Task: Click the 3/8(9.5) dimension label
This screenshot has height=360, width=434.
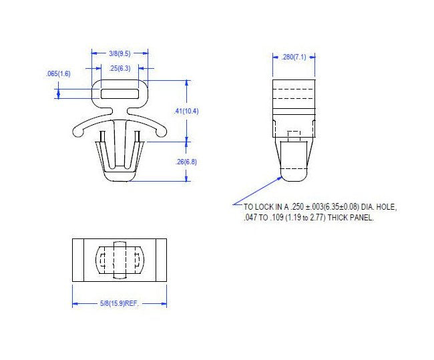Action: coord(120,52)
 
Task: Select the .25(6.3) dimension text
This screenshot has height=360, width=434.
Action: coord(120,68)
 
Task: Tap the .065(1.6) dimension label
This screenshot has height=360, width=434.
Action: coord(58,73)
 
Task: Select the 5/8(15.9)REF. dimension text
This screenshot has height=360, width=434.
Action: coord(119,304)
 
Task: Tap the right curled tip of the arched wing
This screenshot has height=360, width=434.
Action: coord(160,137)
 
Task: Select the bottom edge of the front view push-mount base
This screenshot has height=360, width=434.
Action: coord(120,179)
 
